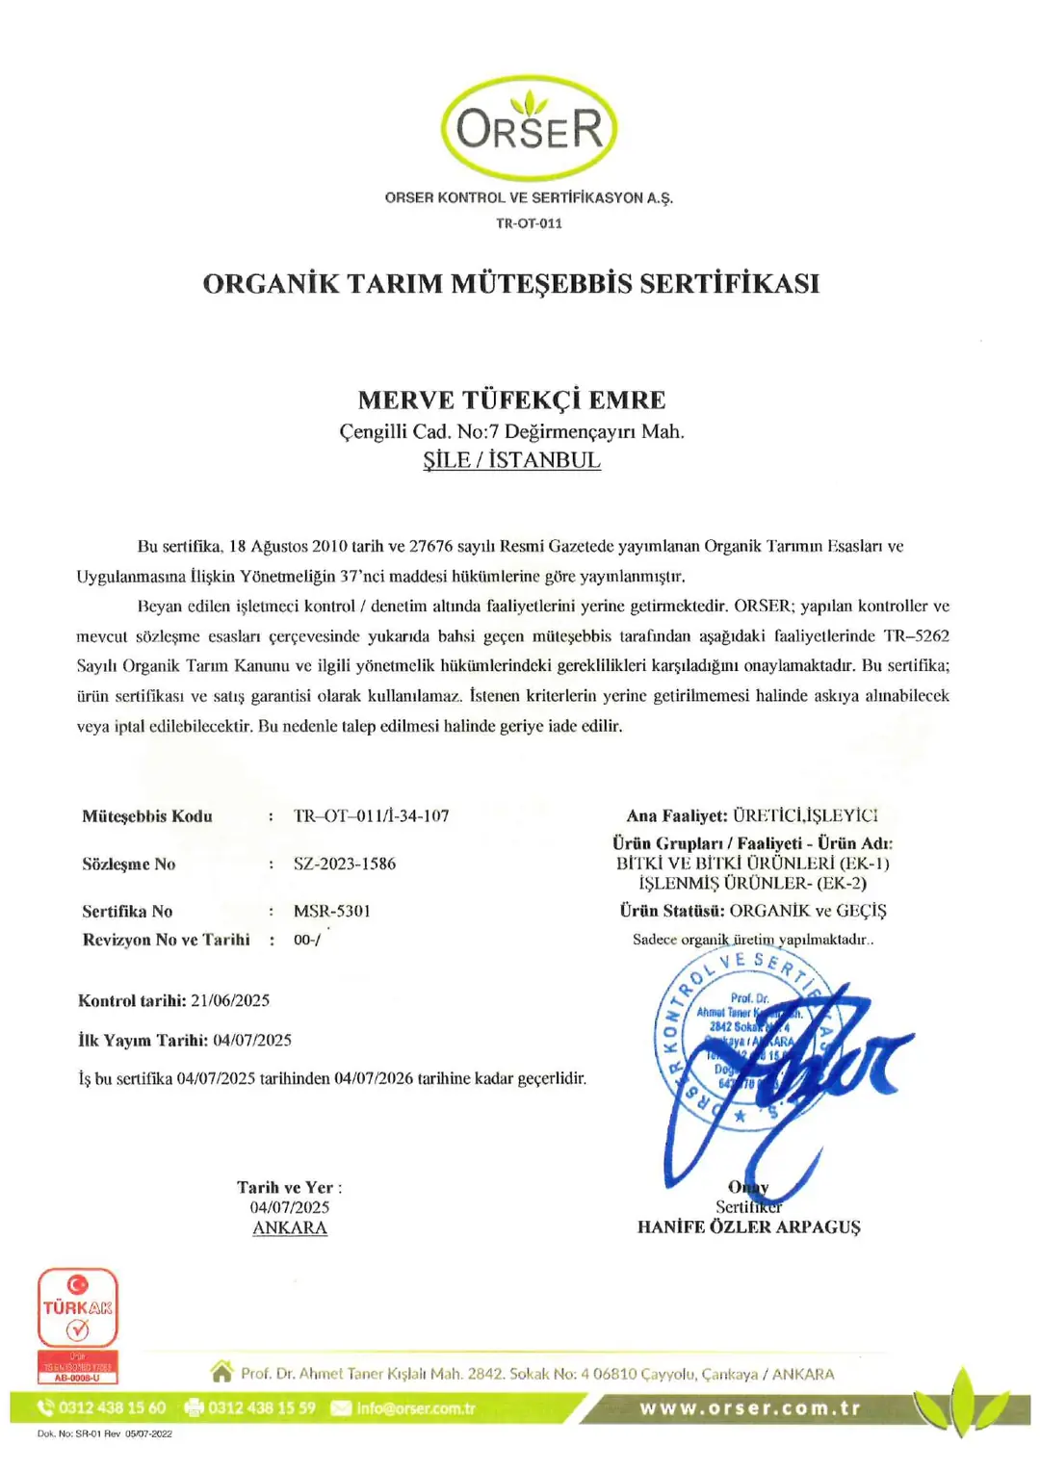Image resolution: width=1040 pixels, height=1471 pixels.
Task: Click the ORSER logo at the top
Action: point(529,128)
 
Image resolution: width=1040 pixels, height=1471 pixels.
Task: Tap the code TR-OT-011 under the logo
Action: point(529,223)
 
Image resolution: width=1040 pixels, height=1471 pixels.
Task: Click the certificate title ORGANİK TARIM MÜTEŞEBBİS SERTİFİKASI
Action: point(511,284)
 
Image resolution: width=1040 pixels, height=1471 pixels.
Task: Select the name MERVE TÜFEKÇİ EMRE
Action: point(511,400)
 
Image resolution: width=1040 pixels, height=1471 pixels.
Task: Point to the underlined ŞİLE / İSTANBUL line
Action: point(511,460)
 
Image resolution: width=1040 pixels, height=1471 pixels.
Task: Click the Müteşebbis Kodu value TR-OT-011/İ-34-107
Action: point(372,816)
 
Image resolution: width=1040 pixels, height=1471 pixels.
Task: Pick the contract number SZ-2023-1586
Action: point(345,864)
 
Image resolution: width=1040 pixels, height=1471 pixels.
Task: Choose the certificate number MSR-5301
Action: point(332,911)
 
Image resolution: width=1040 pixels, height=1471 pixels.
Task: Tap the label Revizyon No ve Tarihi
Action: point(166,940)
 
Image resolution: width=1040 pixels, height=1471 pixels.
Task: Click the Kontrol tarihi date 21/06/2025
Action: point(230,1000)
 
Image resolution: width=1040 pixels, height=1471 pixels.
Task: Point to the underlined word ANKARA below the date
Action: point(290,1227)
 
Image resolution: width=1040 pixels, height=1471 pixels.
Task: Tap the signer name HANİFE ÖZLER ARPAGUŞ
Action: point(749,1227)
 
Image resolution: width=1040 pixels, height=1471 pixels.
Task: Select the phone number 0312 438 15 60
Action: point(112,1407)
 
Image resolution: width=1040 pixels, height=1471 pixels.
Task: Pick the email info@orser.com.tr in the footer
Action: point(416,1407)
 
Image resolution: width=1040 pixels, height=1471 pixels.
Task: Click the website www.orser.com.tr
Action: point(750,1407)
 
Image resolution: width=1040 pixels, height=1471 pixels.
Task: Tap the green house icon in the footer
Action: point(221,1371)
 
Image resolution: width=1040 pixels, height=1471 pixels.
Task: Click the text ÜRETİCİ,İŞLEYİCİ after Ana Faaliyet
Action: point(805,816)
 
